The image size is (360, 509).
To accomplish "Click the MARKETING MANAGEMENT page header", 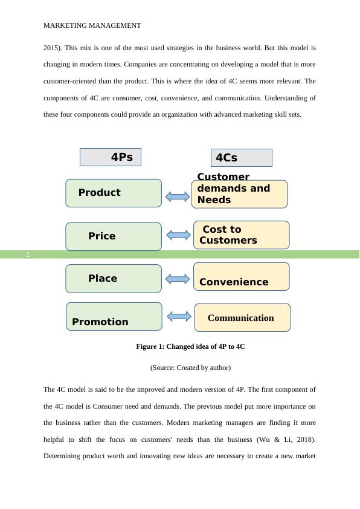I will pyautogui.click(x=92, y=25).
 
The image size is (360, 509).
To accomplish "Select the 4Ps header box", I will pyautogui.click(x=110, y=157).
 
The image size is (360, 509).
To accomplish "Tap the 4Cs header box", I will pyautogui.click(x=241, y=158).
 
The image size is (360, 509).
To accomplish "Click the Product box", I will pyautogui.click(x=114, y=193).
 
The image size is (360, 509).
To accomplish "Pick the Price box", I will pyautogui.click(x=114, y=236).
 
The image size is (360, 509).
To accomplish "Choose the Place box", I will pyautogui.click(x=114, y=279).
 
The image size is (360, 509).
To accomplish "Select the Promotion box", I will pyautogui.click(x=114, y=317).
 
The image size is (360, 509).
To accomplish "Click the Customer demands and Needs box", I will pyautogui.click(x=239, y=193).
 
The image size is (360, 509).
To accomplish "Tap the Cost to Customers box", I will pyautogui.click(x=241, y=235).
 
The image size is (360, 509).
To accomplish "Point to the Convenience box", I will pyautogui.click(x=241, y=277).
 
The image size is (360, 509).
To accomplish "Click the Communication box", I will pyautogui.click(x=242, y=318).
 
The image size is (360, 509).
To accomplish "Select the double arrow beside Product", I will pyautogui.click(x=177, y=196).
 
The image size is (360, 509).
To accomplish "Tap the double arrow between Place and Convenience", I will pyautogui.click(x=177, y=279).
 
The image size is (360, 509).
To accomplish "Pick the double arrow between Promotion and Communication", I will pyautogui.click(x=179, y=316).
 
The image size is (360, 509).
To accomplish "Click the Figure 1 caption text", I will pyautogui.click(x=190, y=347).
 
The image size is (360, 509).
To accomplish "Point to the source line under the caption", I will pyautogui.click(x=190, y=368).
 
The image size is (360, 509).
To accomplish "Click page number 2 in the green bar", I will pyautogui.click(x=28, y=254).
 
